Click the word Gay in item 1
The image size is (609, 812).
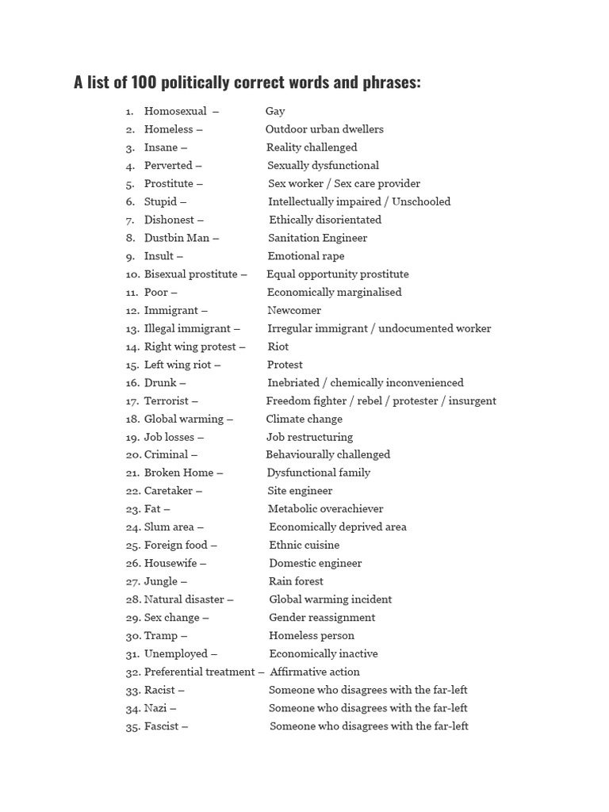[275, 111]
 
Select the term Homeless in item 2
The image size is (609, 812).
[168, 129]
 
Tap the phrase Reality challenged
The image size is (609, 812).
[312, 147]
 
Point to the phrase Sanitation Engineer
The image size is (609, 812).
[317, 238]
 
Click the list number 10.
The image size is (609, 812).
[132, 274]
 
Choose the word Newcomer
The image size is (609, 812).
[294, 311]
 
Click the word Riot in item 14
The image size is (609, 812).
[278, 347]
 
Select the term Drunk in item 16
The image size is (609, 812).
[160, 383]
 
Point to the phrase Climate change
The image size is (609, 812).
[304, 419]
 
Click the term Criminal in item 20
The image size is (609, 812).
[166, 455]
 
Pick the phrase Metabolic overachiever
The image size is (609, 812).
[325, 509]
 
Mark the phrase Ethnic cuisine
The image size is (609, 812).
[304, 546]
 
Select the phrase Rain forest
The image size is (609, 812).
[296, 582]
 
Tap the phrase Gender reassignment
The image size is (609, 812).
[322, 618]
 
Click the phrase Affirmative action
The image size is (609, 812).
[315, 672]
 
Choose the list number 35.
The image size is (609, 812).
[132, 726]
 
